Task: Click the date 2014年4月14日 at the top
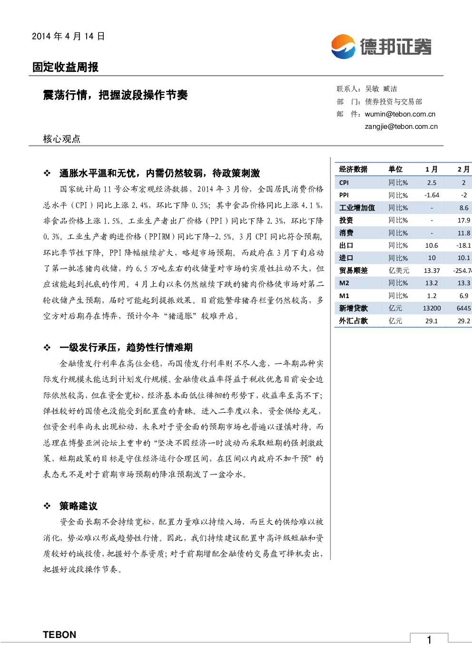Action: [x=68, y=36]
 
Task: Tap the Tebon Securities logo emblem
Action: [x=343, y=47]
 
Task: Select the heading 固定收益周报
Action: [x=65, y=67]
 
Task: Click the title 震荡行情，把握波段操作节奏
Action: [x=115, y=95]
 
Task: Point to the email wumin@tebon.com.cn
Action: [x=400, y=115]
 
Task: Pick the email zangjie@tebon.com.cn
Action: [x=401, y=126]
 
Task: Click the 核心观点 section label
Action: [x=62, y=139]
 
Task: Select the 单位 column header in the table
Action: [x=395, y=169]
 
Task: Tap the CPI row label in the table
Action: [x=344, y=183]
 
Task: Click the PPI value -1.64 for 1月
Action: [x=432, y=195]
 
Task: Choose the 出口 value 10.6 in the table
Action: [x=432, y=245]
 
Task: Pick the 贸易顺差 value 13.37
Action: [x=432, y=271]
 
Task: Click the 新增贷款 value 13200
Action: [x=432, y=308]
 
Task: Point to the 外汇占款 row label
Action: [x=353, y=321]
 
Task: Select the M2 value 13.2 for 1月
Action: [x=432, y=283]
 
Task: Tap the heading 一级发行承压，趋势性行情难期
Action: [x=126, y=347]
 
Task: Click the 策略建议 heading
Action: [x=79, y=506]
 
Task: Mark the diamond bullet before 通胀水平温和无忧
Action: [x=47, y=173]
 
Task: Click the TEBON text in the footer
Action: [x=59, y=635]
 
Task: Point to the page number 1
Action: [x=429, y=640]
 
